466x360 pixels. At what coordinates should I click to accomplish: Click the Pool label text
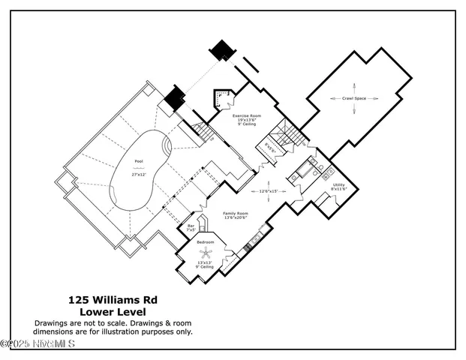coord(137,161)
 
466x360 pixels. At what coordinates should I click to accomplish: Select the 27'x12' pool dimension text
coord(137,174)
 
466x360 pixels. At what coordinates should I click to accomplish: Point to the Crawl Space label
coord(355,98)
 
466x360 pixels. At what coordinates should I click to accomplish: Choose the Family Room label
coord(235,214)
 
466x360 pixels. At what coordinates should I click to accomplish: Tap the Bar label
coord(191,225)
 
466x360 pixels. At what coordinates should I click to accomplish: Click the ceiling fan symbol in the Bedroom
coord(204,253)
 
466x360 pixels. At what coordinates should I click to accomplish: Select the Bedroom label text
coord(205,243)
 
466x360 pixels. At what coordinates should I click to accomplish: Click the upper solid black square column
coord(221,50)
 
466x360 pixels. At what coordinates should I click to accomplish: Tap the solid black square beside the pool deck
coord(174,97)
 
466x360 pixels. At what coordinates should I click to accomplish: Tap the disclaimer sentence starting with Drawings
coord(113,327)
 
